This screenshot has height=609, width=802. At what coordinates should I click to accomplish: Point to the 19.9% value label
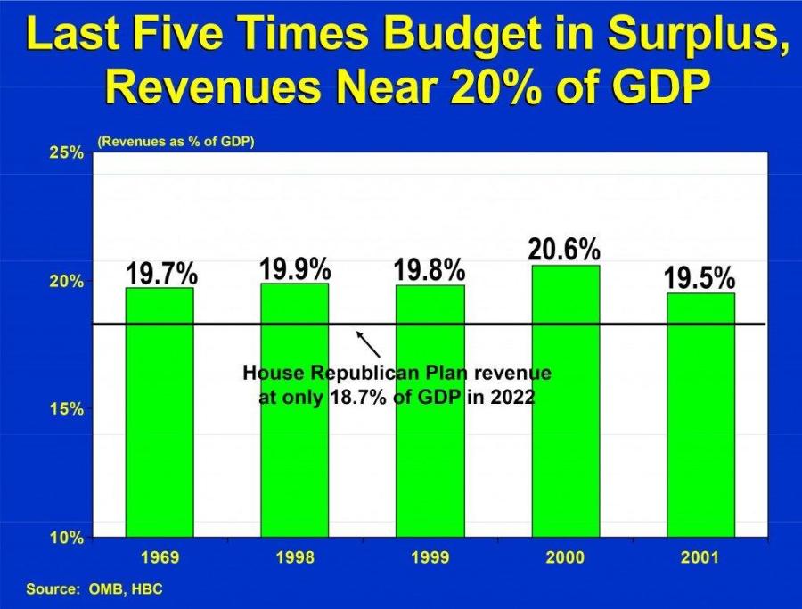click(295, 268)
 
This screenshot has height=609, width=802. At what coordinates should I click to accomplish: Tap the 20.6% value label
click(564, 251)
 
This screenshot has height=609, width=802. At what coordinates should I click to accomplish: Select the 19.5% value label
click(700, 278)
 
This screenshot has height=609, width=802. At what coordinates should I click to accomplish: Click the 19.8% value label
click(430, 269)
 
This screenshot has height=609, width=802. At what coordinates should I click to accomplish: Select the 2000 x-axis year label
click(566, 558)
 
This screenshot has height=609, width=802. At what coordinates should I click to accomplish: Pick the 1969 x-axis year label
click(160, 558)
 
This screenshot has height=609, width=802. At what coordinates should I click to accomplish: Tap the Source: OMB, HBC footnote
click(94, 589)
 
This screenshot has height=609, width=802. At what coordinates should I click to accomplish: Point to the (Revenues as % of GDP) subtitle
click(176, 141)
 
